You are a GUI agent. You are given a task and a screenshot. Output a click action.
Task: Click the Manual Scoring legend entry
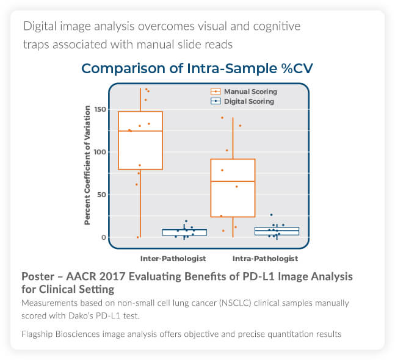click(x=250, y=92)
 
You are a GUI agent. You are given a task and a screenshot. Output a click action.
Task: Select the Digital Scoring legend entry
click(x=248, y=101)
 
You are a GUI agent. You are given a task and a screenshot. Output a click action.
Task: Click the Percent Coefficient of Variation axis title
click(x=87, y=165)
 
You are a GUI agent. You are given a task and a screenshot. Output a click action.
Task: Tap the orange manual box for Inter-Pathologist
click(x=140, y=140)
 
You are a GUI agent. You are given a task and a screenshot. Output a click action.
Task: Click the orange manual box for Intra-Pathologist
click(x=233, y=188)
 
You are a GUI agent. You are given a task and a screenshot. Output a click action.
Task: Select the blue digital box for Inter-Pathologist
click(x=175, y=232)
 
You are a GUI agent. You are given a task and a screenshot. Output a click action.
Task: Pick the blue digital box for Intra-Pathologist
click(x=268, y=231)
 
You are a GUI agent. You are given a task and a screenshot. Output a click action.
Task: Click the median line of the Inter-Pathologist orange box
click(x=140, y=131)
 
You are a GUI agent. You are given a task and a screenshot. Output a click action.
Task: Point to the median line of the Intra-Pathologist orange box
click(x=233, y=181)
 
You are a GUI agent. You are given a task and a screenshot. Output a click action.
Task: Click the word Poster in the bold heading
click(x=38, y=276)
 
